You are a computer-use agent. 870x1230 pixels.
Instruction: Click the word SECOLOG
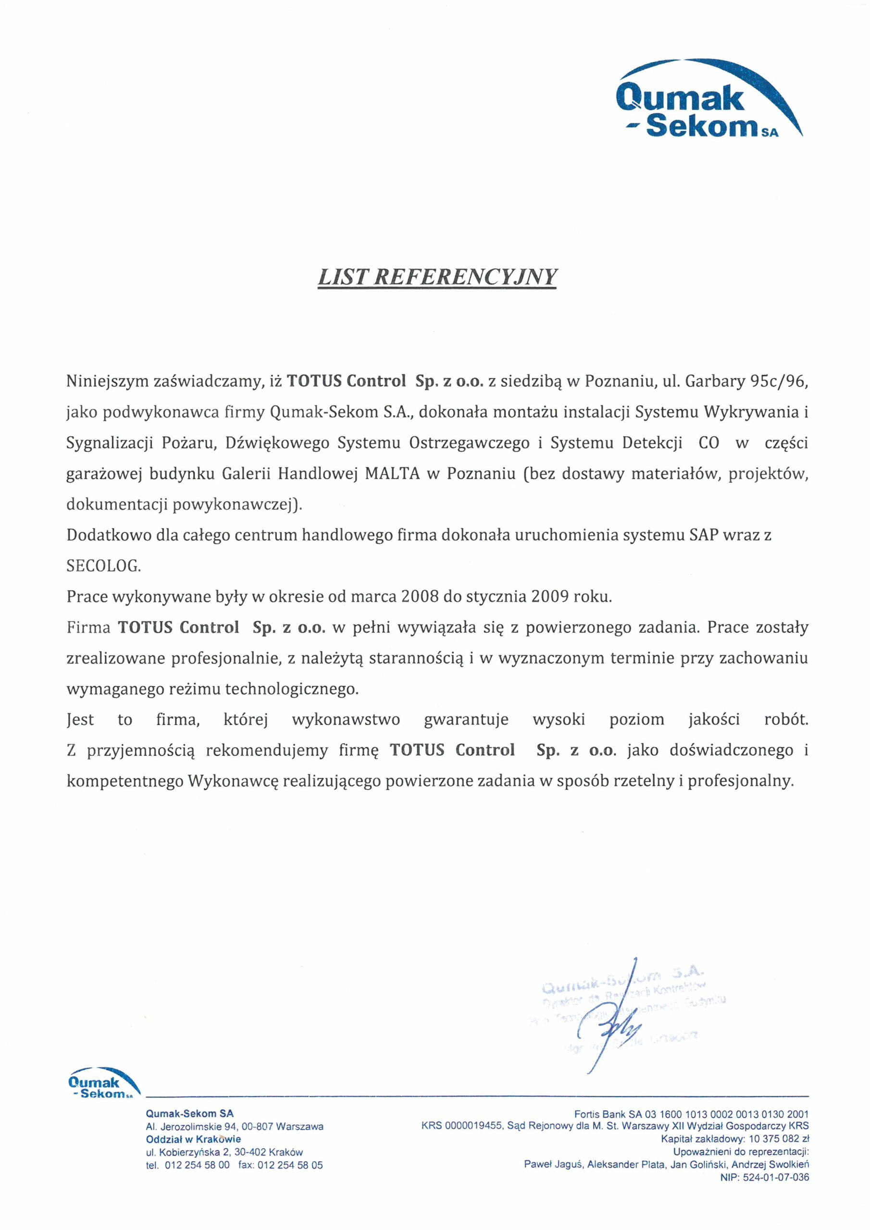tap(103, 566)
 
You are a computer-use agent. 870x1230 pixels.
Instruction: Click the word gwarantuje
tap(466, 720)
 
